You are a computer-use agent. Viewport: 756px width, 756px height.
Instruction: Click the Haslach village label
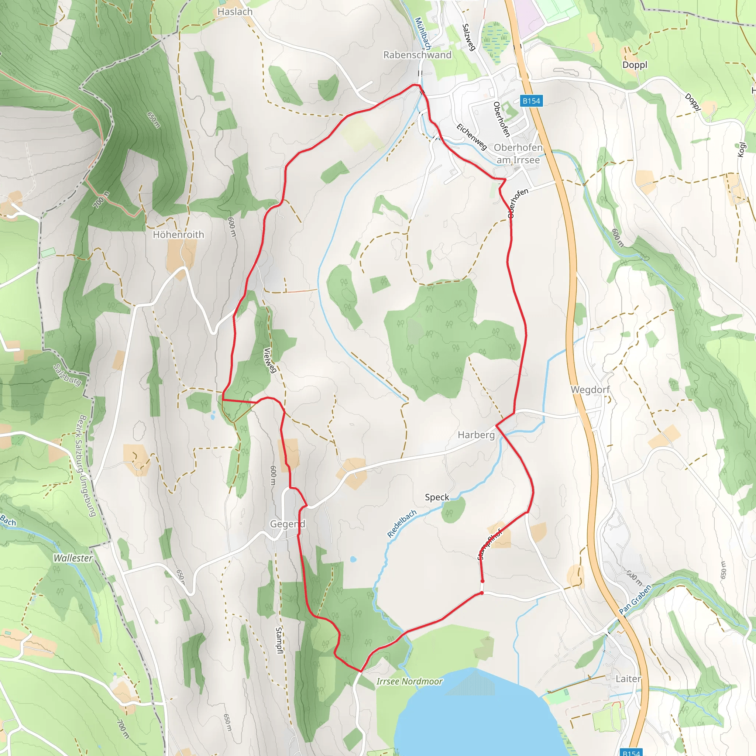point(235,12)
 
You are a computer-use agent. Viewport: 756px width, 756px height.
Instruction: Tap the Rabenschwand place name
point(417,55)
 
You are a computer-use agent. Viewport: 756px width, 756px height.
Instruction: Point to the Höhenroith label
point(178,235)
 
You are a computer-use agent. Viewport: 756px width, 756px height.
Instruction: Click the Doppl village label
point(635,65)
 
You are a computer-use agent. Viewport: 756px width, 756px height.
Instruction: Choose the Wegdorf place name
point(590,390)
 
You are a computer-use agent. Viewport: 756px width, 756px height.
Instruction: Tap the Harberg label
point(476,435)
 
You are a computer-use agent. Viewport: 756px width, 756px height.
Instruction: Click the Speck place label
point(437,497)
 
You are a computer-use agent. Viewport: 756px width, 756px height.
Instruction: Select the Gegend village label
point(288,524)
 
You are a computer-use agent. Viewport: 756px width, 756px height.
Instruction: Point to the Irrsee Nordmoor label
point(409,682)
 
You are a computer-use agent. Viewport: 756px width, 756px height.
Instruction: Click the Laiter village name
point(628,679)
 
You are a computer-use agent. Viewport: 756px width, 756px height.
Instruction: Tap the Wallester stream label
point(73,559)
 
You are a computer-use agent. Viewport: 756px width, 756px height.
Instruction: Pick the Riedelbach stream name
point(402,523)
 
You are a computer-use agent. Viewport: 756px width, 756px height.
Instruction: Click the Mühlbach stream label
point(423,33)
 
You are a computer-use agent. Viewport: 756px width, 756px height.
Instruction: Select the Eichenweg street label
point(472,137)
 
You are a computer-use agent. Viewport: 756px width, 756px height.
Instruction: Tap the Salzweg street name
point(468,37)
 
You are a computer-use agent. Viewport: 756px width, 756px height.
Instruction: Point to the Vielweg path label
point(270,360)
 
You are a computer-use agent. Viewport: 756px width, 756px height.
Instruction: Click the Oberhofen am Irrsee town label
point(518,154)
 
